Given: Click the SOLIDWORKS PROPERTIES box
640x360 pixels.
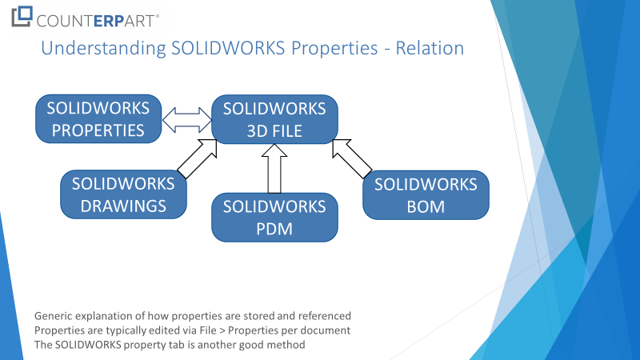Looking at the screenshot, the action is [x=98, y=118].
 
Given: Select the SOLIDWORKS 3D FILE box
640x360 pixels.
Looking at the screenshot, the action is [x=274, y=119].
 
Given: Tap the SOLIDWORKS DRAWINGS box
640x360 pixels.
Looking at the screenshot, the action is [x=123, y=194].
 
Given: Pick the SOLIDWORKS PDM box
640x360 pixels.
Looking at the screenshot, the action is [x=274, y=217].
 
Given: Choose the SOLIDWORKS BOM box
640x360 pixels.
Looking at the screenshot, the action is [x=426, y=195].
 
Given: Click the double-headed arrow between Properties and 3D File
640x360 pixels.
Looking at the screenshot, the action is [x=187, y=120].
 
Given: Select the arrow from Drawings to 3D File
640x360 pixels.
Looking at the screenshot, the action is [x=198, y=158].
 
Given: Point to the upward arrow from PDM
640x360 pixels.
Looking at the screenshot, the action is [x=274, y=169].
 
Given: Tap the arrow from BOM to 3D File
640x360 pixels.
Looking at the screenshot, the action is [x=352, y=158].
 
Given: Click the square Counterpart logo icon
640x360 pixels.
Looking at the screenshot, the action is [x=22, y=16].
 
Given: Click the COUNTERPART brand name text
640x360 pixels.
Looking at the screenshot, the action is [x=97, y=21].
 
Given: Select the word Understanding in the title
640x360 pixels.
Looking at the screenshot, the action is [x=104, y=49].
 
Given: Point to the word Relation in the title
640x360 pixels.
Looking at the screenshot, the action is [x=430, y=48].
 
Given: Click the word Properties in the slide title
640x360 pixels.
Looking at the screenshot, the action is [x=334, y=49].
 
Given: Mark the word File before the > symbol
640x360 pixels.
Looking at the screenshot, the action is [x=208, y=330].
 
